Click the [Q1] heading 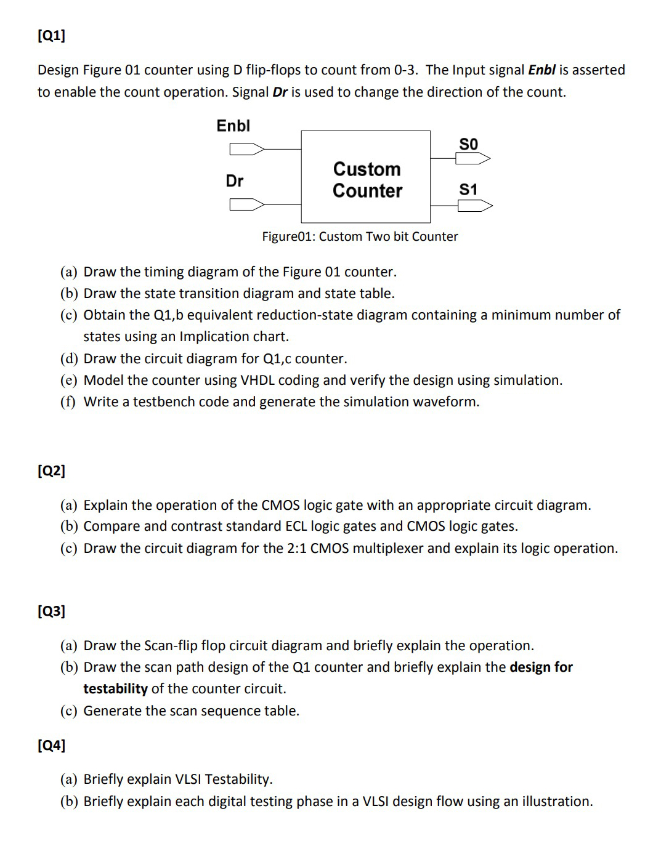(51, 36)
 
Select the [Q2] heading (51, 471)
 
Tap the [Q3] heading (51, 611)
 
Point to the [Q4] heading (51, 746)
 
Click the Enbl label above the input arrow (233, 126)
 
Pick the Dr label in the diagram (234, 181)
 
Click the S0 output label (468, 144)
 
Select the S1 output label (468, 190)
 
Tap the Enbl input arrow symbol (246, 149)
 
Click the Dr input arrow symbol (246, 204)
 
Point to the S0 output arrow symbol (472, 159)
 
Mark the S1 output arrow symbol (475, 206)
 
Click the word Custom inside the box (367, 169)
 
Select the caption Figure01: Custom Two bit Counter (360, 237)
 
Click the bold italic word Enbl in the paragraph (541, 70)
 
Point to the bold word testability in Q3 (115, 689)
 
